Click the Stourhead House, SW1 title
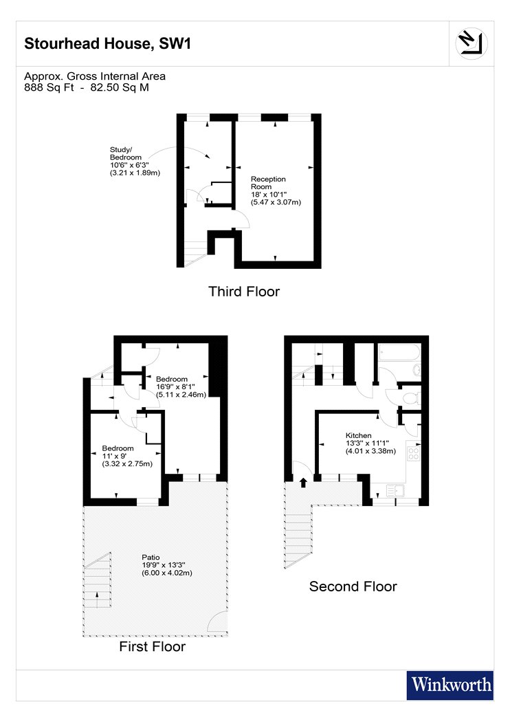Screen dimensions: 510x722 pos(107,43)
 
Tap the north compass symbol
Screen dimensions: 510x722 pos(472,43)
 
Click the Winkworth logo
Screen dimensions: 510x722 pos(450,685)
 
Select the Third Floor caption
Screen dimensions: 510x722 pos(244,292)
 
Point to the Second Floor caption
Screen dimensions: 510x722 pos(353,586)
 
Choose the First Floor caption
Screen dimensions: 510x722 pos(153,646)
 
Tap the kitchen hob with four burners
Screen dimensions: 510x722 pos(413,454)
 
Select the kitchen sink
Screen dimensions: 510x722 pos(395,491)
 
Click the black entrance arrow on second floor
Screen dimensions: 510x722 pos(303,483)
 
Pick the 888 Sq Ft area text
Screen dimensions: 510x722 pos(49,87)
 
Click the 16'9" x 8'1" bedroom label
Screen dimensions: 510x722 pos(181,386)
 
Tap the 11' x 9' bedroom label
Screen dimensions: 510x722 pos(127,456)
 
